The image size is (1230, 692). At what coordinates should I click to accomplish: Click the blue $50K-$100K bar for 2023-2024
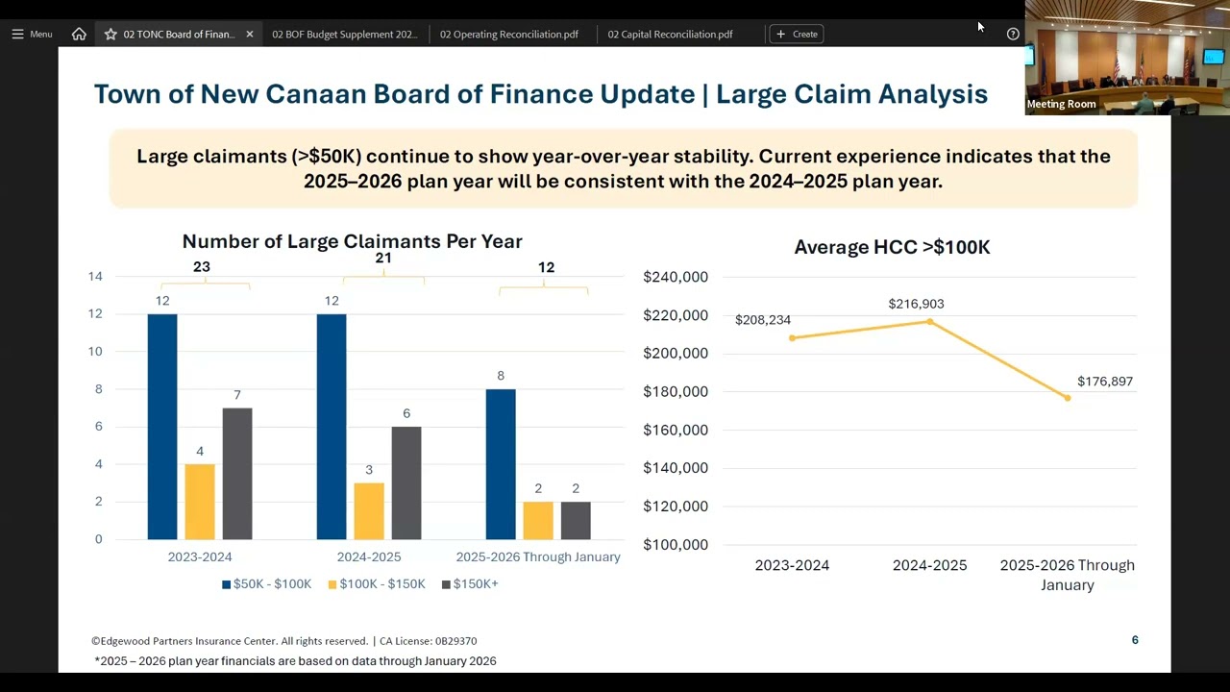pyautogui.click(x=162, y=427)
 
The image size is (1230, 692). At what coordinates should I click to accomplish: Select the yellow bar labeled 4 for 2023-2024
pyautogui.click(x=200, y=502)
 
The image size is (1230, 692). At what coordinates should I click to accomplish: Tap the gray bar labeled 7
pyautogui.click(x=237, y=474)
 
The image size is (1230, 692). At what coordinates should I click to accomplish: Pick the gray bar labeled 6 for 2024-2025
pyautogui.click(x=406, y=483)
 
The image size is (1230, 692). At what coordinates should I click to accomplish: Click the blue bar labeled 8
pyautogui.click(x=501, y=464)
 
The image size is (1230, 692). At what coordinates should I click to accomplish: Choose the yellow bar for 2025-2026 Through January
pyautogui.click(x=538, y=520)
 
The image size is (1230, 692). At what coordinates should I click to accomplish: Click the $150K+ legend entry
pyautogui.click(x=470, y=583)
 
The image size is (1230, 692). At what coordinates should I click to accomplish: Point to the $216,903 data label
pyautogui.click(x=916, y=304)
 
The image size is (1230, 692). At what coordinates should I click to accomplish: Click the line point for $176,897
pyautogui.click(x=1068, y=398)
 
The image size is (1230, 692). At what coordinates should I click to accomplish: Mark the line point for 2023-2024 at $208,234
pyautogui.click(x=792, y=337)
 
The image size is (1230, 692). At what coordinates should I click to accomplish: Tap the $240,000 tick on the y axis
pyautogui.click(x=675, y=277)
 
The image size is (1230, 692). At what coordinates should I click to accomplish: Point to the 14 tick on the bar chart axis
pyautogui.click(x=95, y=277)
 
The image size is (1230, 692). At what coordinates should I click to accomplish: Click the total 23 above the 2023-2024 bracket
pyautogui.click(x=201, y=267)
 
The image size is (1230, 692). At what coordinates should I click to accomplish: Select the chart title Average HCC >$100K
pyautogui.click(x=892, y=247)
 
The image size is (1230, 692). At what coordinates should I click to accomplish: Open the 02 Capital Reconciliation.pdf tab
pyautogui.click(x=670, y=34)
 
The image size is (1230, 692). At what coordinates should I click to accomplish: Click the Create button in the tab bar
pyautogui.click(x=797, y=34)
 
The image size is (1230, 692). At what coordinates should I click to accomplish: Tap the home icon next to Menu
pyautogui.click(x=79, y=34)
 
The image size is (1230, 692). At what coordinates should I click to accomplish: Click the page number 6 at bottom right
pyautogui.click(x=1135, y=640)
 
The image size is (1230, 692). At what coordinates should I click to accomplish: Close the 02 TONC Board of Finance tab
pyautogui.click(x=250, y=34)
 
